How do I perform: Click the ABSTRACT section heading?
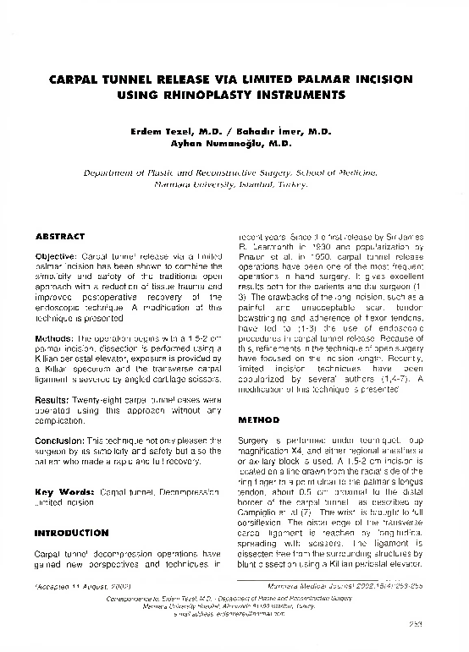(59, 235)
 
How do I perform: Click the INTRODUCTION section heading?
(71, 534)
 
